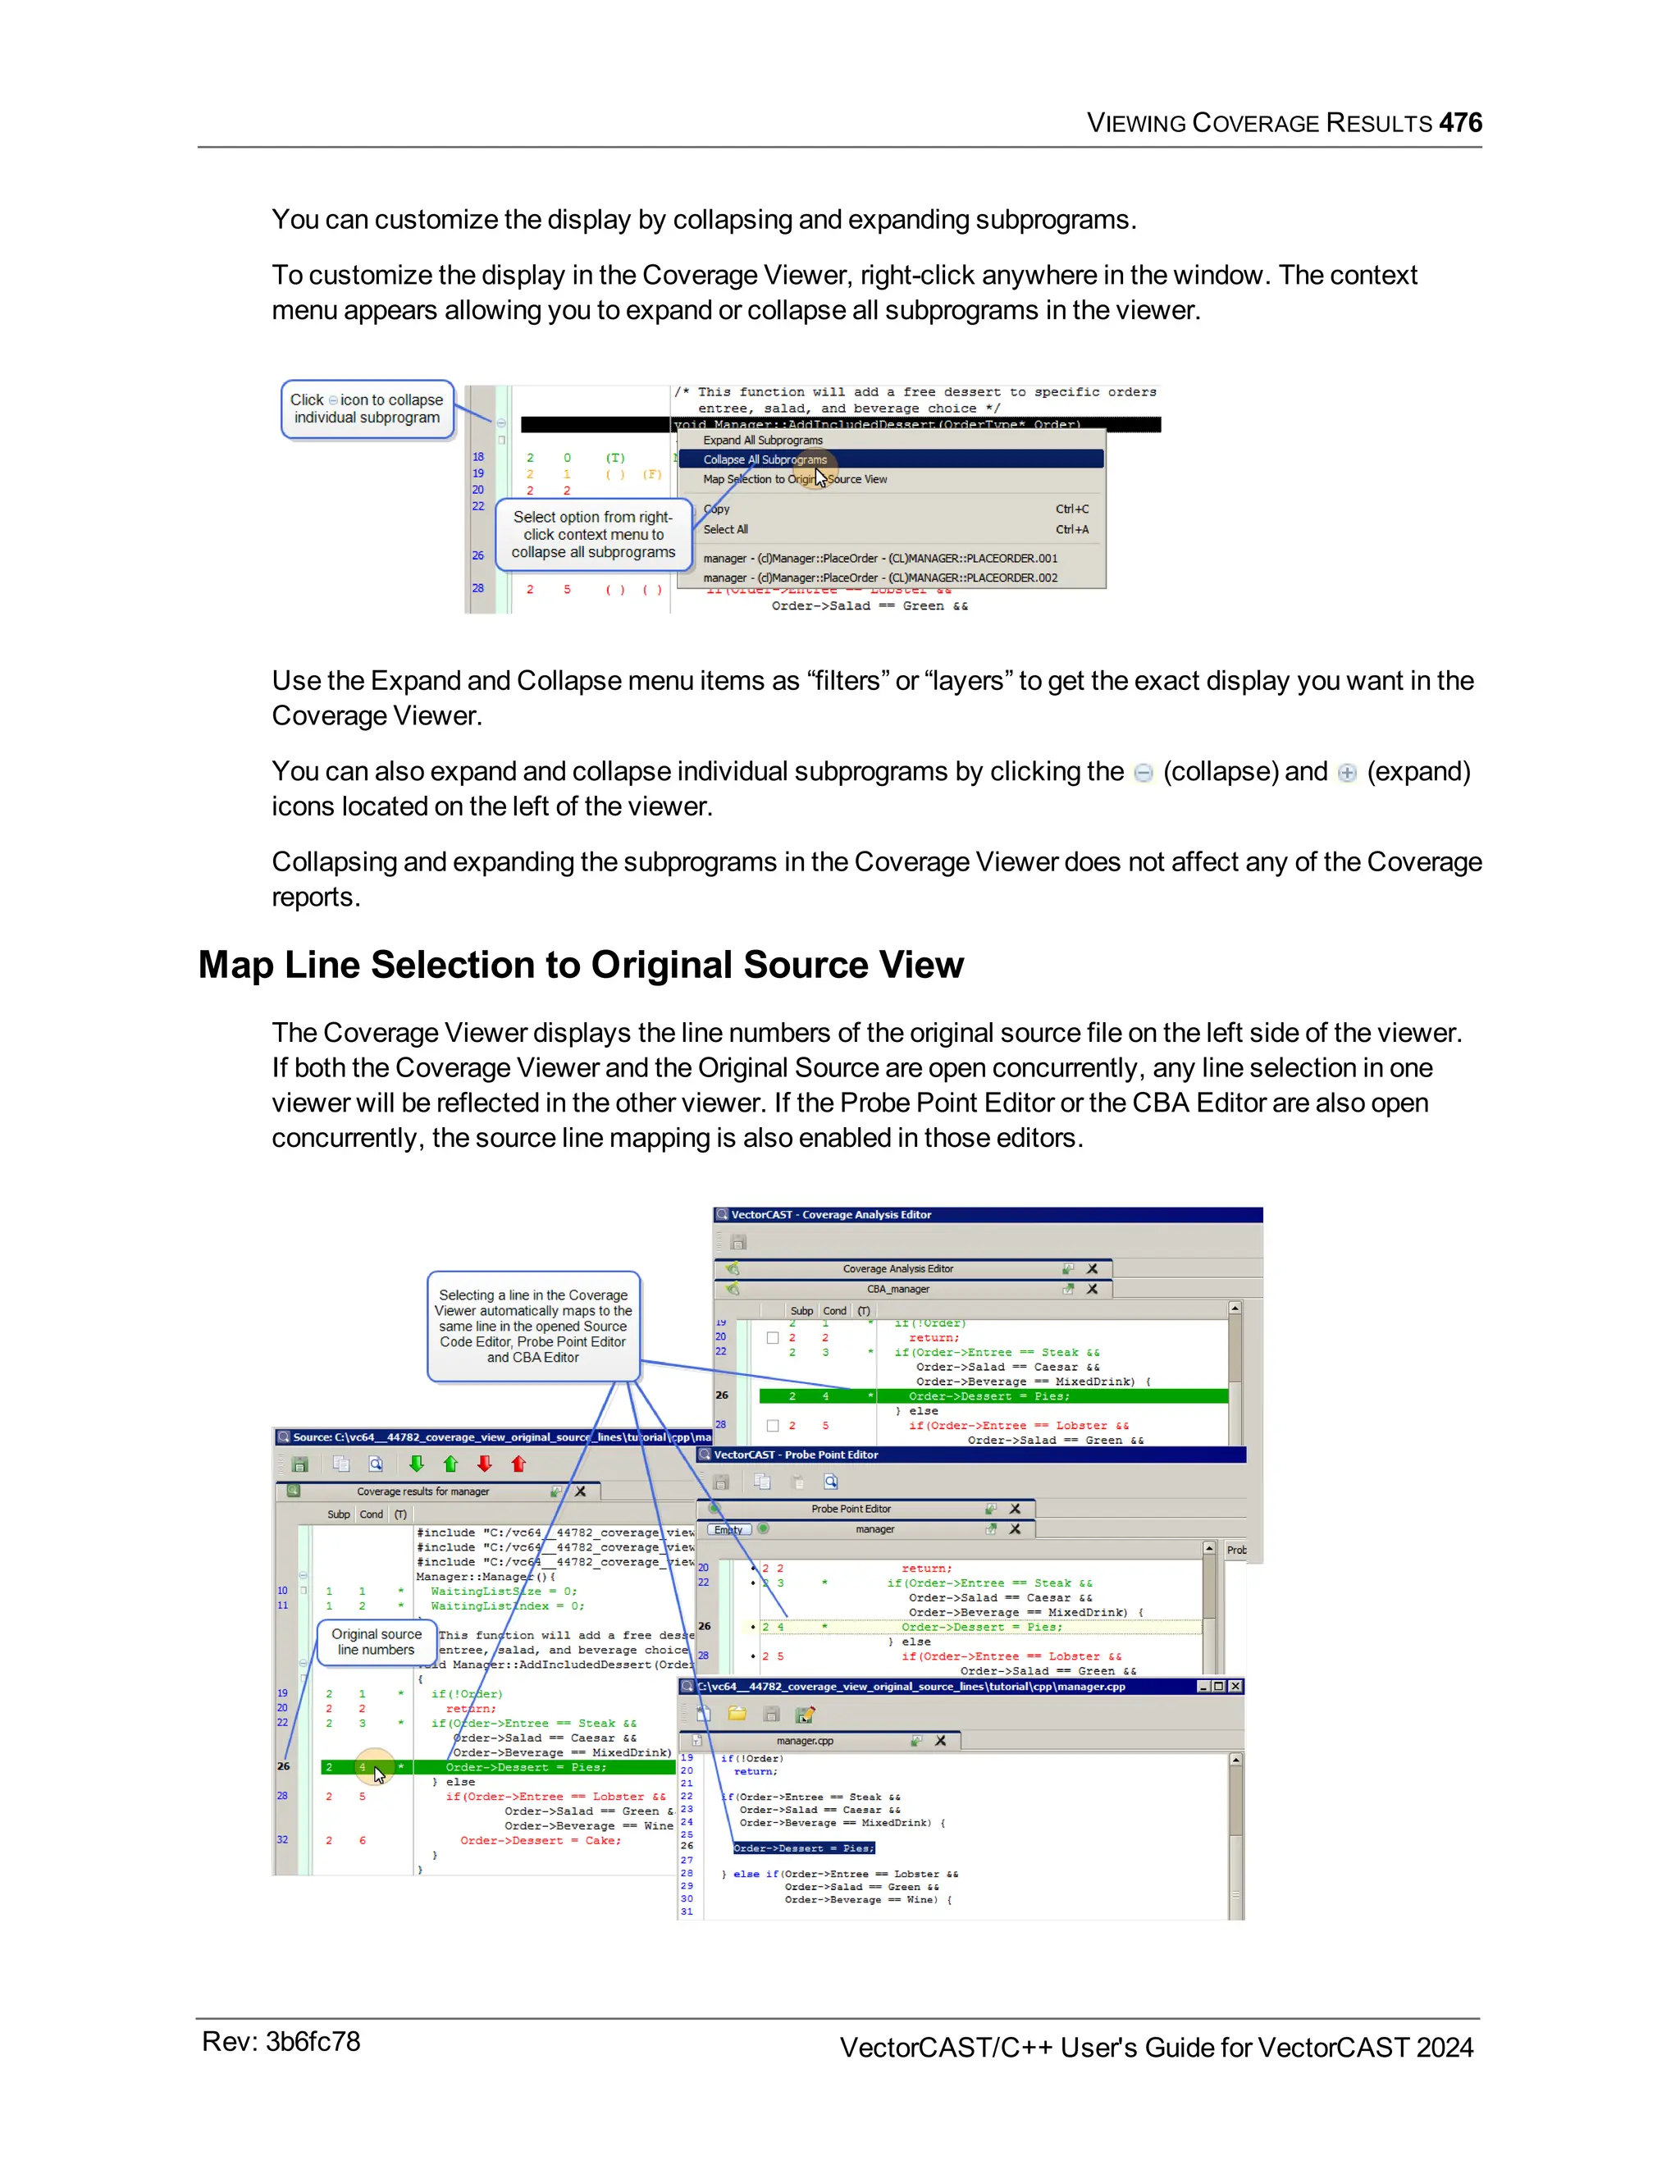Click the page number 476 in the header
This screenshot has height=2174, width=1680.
point(1460,122)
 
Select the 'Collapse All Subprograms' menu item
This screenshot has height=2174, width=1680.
point(765,459)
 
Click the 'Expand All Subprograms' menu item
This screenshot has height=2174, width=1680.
point(762,440)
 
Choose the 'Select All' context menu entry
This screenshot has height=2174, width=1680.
point(725,530)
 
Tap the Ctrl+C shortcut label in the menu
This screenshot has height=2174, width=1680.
point(1072,509)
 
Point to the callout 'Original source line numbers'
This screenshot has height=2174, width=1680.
point(377,1642)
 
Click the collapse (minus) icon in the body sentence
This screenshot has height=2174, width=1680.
point(1144,773)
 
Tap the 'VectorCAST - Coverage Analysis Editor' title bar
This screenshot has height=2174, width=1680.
point(831,1214)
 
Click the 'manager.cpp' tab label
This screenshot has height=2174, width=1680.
point(804,1741)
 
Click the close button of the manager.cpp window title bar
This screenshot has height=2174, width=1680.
point(1235,1686)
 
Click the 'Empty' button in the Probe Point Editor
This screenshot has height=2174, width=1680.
point(728,1530)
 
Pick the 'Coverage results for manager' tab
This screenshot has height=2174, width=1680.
point(423,1491)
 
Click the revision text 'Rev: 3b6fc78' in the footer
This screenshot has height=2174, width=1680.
point(281,2042)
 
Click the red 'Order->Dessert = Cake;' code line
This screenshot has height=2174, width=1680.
point(541,1841)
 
